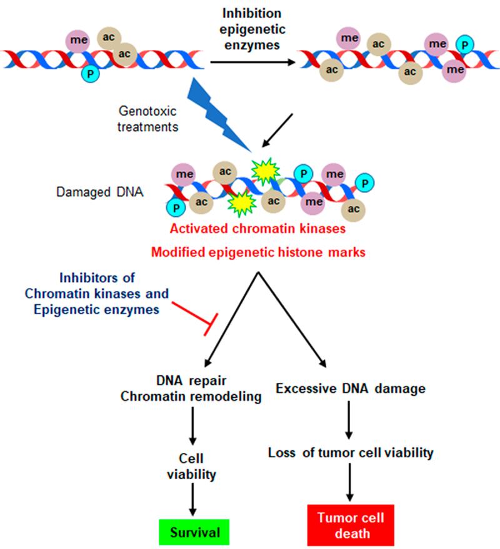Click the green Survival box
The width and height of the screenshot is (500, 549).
pos(192,532)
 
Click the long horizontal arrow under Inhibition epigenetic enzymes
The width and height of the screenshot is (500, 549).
pos(249,62)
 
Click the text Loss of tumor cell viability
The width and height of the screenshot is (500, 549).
pos(351,453)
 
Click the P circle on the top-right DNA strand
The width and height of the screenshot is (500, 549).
pos(463,44)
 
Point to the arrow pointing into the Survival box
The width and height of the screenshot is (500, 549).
pos(191,499)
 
